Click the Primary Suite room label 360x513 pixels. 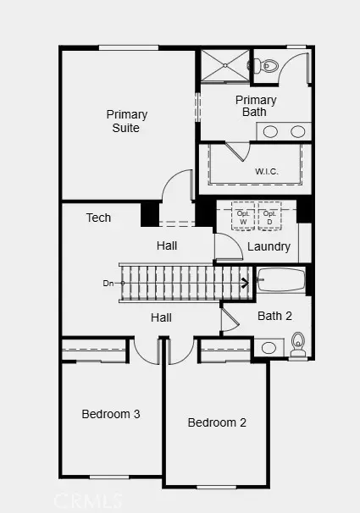[126, 121]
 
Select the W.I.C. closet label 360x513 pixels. [267, 172]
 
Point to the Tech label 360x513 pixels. [98, 218]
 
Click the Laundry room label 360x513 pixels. [269, 247]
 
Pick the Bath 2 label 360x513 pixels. [274, 316]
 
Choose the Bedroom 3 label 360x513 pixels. [110, 414]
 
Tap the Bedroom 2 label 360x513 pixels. [217, 422]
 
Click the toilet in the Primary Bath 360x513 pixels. [266, 65]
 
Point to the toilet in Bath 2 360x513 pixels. [298, 344]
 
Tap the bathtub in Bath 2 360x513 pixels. [280, 279]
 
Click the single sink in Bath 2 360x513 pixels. [269, 348]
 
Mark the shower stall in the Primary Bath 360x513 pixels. [224, 65]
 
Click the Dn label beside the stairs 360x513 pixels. [108, 283]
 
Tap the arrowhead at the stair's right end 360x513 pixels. [246, 283]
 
